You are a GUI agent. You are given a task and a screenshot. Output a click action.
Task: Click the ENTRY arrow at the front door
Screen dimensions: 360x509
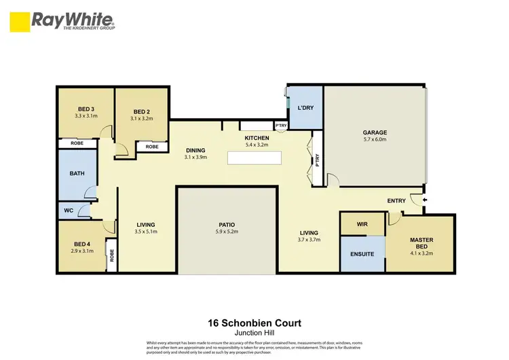425,200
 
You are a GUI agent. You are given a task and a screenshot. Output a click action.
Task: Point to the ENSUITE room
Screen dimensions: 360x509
362,254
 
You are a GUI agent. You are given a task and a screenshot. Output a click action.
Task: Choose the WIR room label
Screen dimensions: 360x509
362,224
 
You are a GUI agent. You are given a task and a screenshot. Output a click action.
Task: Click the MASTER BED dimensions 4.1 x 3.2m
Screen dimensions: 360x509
421,253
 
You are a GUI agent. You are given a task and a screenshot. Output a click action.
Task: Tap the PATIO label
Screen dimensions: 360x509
227,225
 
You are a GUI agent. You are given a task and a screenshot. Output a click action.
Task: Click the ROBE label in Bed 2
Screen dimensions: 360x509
152,147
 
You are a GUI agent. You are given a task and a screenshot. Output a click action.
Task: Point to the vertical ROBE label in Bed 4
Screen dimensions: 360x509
112,256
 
